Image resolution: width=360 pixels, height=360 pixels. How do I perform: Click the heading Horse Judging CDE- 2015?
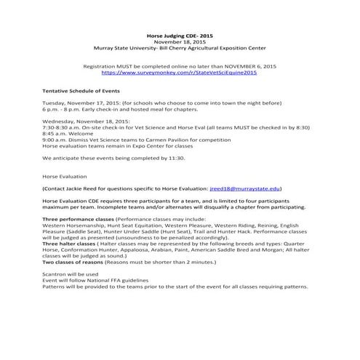tap(180, 36)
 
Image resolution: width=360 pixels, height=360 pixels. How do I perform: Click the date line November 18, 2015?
tap(180, 42)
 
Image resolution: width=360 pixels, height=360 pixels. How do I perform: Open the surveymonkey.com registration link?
tap(180, 73)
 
